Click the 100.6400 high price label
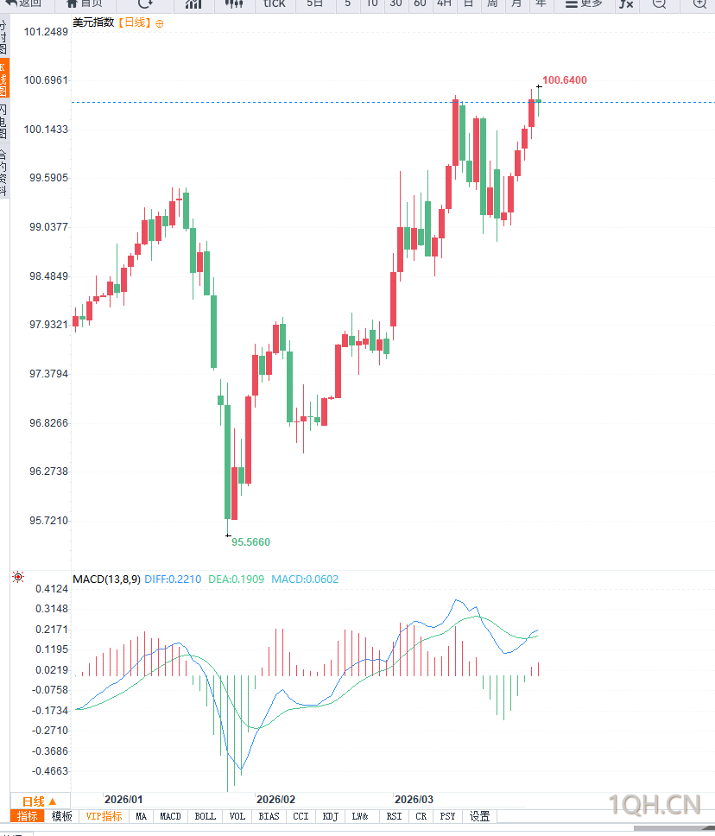pos(565,80)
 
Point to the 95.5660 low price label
pos(250,541)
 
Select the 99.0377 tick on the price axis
pos(47,227)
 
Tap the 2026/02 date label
pos(276,800)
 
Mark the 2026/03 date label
pos(414,800)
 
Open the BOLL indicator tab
pos(206,816)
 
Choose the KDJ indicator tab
pos(330,816)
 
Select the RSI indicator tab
pos(394,816)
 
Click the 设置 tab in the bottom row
pos(480,816)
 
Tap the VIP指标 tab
pos(104,816)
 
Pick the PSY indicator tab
pos(447,816)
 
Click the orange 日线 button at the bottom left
pos(40,801)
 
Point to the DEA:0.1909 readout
pos(238,579)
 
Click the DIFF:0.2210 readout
pos(173,579)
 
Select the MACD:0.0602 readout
pos(305,579)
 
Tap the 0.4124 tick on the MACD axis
pos(51,589)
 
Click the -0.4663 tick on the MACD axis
pos(49,771)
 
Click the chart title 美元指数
pos(93,22)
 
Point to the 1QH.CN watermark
pos(654,805)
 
